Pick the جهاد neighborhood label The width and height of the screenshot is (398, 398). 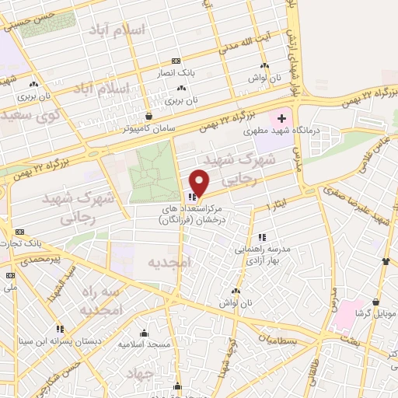[166, 373]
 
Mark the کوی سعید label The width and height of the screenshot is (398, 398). [30, 114]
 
